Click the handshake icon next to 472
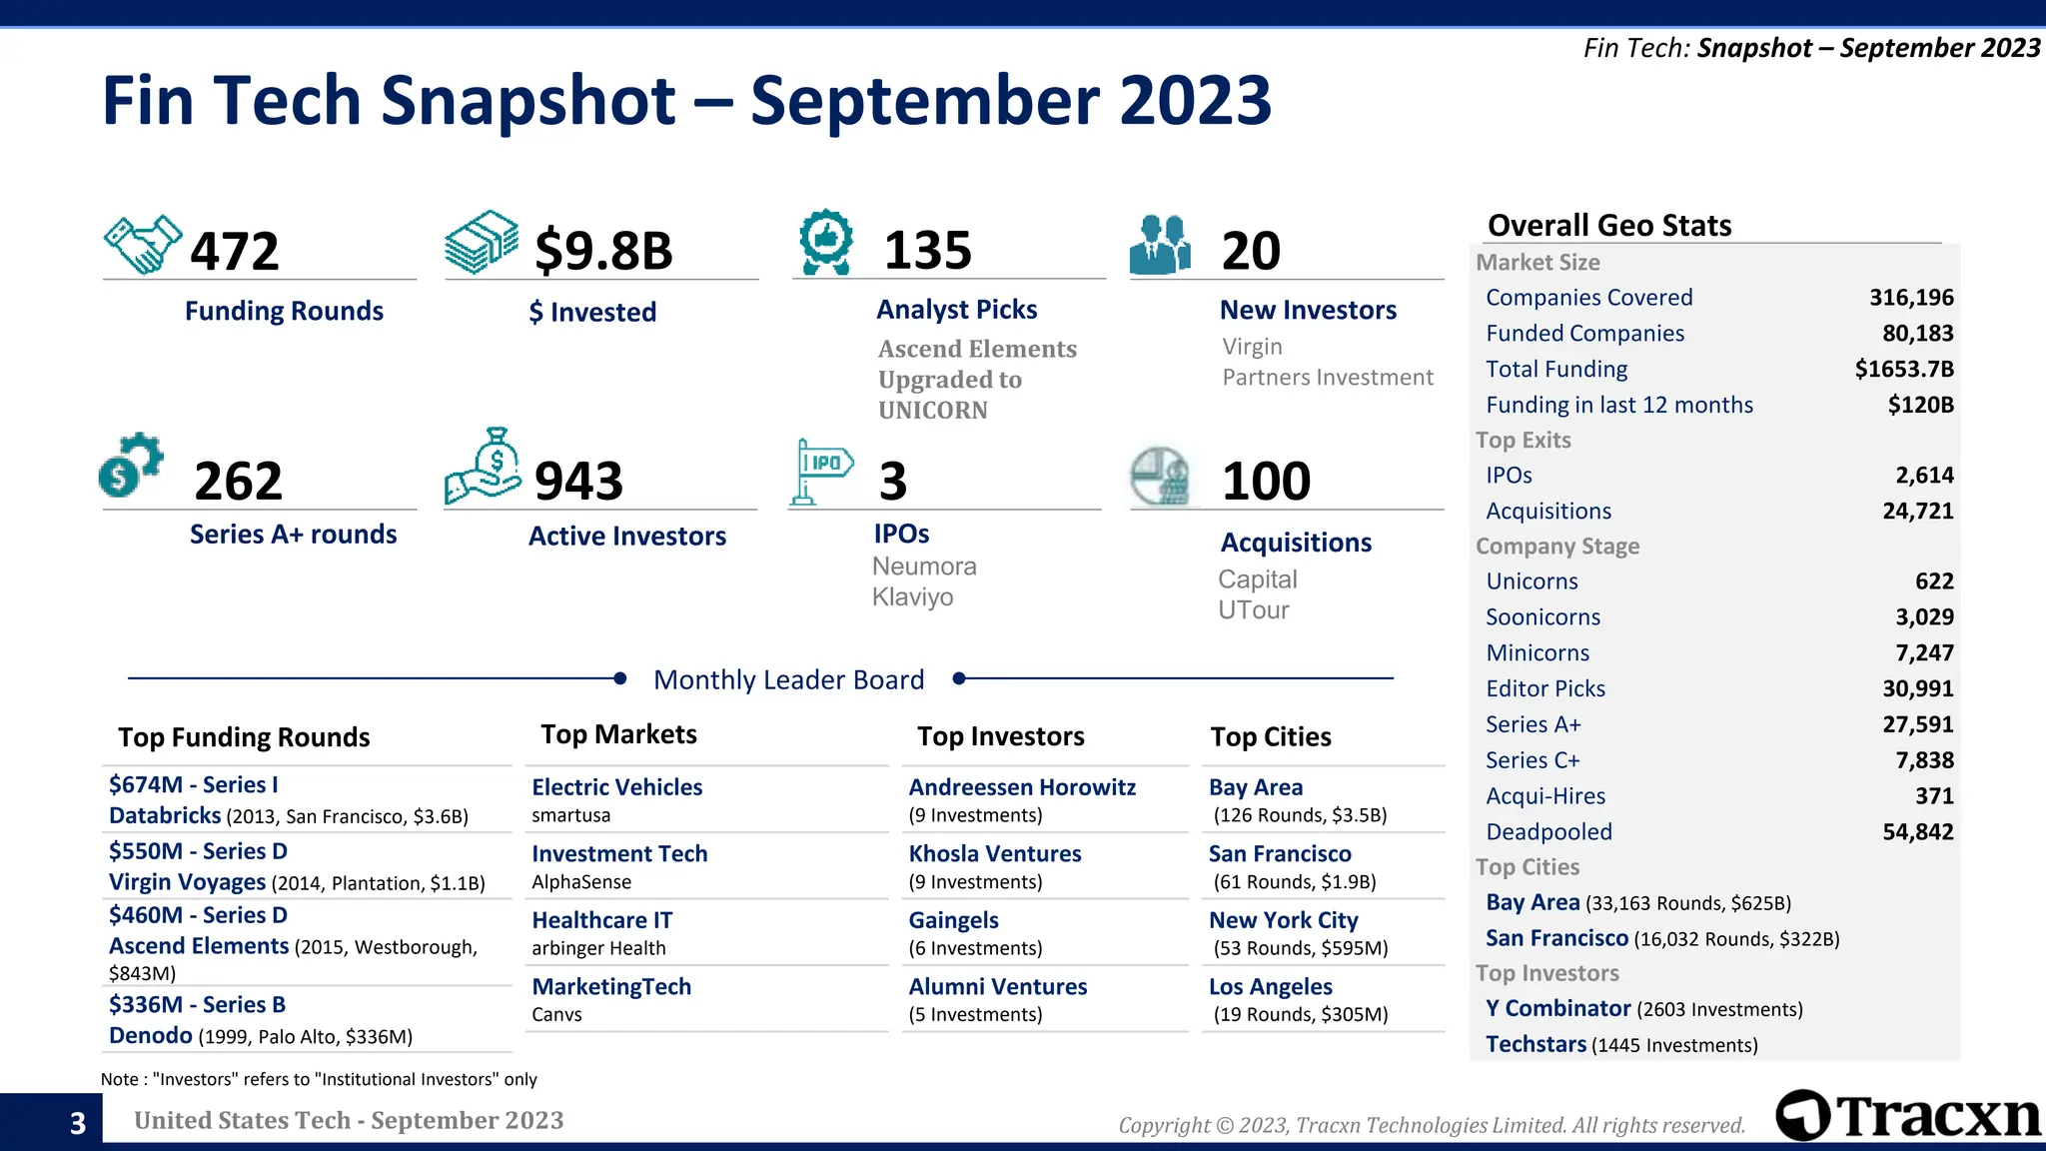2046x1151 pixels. (143, 244)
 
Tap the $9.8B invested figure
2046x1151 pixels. (603, 250)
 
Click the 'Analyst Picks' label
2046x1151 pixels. (956, 310)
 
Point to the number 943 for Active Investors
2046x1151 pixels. (578, 481)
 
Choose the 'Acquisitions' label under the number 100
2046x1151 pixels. (1296, 543)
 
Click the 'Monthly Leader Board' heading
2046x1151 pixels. (788, 679)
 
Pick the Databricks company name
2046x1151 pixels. (165, 815)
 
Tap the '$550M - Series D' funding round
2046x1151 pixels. (198, 851)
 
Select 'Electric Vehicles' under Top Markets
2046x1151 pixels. (616, 787)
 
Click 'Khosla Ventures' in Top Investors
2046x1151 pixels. (994, 853)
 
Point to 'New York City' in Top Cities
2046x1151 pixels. (1283, 920)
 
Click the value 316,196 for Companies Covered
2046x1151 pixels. (1910, 298)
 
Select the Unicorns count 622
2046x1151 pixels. (1933, 581)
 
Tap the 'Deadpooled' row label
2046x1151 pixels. (1548, 832)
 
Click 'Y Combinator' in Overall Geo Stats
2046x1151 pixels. (1557, 1009)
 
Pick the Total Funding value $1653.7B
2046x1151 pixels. (1903, 370)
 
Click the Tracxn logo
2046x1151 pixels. (1908, 1116)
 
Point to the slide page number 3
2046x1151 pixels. (78, 1123)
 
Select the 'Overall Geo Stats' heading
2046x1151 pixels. (1608, 226)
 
